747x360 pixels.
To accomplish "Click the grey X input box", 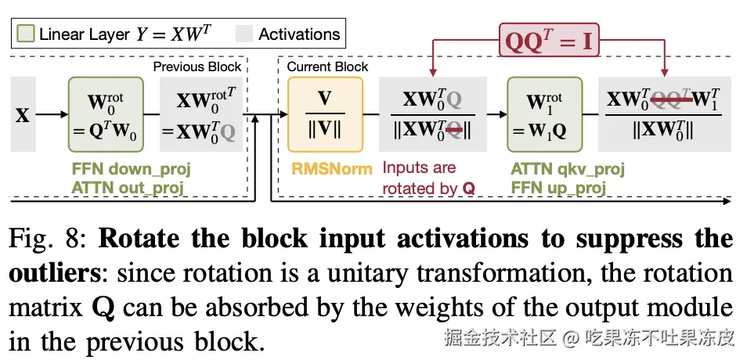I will (22, 115).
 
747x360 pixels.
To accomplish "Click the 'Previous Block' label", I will (197, 67).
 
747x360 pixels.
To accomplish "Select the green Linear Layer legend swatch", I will (25, 34).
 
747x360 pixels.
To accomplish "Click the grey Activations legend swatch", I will (246, 34).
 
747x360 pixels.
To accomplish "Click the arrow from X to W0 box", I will (52, 115).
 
